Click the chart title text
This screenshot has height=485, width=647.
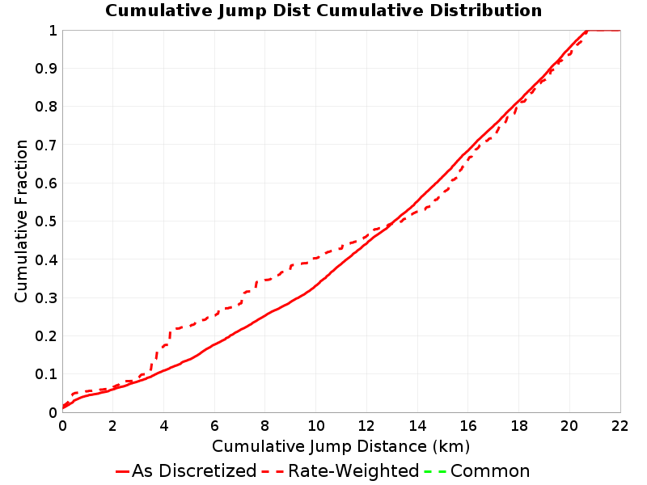pyautogui.click(x=323, y=11)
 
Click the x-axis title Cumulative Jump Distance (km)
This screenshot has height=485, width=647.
pyautogui.click(x=340, y=446)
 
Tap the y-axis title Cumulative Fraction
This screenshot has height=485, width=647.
pyautogui.click(x=21, y=221)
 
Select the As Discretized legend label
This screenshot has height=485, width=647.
pyautogui.click(x=194, y=470)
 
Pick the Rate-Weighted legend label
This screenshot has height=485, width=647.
pyautogui.click(x=353, y=470)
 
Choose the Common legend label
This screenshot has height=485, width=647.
pyautogui.click(x=490, y=470)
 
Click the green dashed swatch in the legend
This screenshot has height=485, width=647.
pyautogui.click(x=435, y=471)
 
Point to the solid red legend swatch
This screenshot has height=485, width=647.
pyautogui.click(x=123, y=471)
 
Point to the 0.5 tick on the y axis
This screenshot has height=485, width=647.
pyautogui.click(x=46, y=221)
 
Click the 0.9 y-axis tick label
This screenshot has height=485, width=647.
pyautogui.click(x=46, y=69)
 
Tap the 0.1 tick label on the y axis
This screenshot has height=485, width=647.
pyautogui.click(x=46, y=374)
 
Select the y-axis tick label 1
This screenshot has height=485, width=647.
pyautogui.click(x=53, y=31)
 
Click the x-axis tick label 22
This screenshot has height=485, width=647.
pyautogui.click(x=620, y=426)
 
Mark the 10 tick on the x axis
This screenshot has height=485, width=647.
pyautogui.click(x=316, y=426)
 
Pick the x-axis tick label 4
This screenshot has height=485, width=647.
pyautogui.click(x=164, y=426)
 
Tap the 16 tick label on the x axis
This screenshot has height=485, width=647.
pyautogui.click(x=468, y=426)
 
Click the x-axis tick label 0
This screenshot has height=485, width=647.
pyautogui.click(x=62, y=426)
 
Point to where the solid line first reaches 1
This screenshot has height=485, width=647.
pyautogui.click(x=586, y=31)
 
